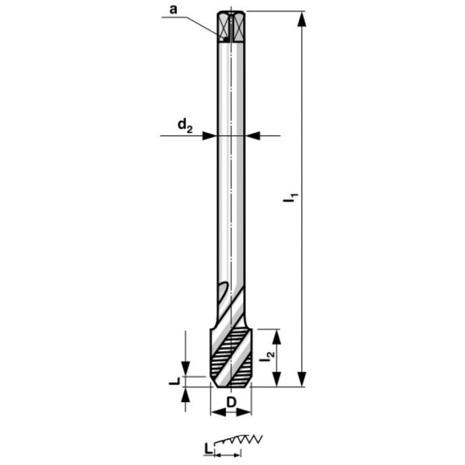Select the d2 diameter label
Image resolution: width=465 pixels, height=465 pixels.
tap(185, 127)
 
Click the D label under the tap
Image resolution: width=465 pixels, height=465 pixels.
tap(231, 403)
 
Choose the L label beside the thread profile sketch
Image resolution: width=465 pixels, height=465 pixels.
tap(207, 449)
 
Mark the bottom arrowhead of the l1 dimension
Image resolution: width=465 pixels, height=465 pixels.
tap(303, 378)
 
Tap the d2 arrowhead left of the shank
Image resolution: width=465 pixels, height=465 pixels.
tap(208, 134)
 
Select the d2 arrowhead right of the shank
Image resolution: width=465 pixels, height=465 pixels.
tap(255, 134)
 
